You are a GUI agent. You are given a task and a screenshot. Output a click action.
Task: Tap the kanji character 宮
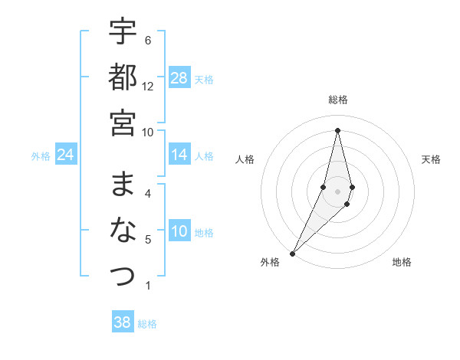point(123,122)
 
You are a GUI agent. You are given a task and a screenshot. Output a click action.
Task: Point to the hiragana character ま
point(123,185)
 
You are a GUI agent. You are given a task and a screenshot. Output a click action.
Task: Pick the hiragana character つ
point(123,275)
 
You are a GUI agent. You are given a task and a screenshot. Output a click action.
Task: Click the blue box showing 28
point(179,78)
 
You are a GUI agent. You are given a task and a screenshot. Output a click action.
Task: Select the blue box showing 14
point(179,155)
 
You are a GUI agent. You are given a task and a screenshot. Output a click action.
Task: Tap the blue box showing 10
point(179,232)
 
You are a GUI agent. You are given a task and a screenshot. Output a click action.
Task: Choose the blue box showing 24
point(66,155)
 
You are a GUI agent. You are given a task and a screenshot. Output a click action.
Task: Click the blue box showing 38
point(123,322)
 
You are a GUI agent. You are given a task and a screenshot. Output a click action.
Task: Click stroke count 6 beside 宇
point(148,41)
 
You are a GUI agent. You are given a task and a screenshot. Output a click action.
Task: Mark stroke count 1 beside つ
point(148,286)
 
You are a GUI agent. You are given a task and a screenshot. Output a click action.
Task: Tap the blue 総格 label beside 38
point(147,324)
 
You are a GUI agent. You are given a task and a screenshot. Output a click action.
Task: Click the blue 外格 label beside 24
point(41,156)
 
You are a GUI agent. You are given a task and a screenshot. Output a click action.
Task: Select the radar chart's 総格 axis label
point(338,100)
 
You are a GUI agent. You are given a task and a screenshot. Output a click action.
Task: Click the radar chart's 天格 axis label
point(431,159)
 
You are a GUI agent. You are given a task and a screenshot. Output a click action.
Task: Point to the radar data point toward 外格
point(292,253)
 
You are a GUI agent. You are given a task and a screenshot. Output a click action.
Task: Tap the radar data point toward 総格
point(338,129)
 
